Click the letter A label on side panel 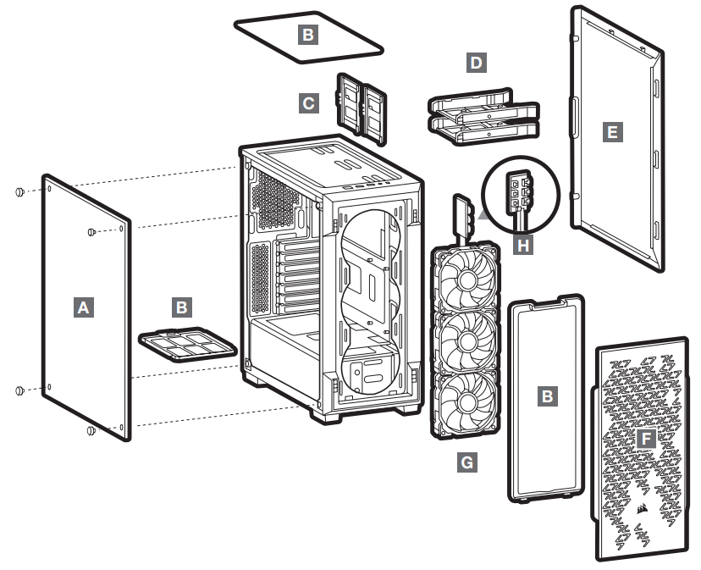coord(82,306)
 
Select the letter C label coord(309,103)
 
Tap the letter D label coord(477,63)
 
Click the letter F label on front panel coord(647,439)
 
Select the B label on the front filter coord(549,395)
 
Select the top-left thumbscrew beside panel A coord(19,191)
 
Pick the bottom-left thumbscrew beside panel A coord(19,390)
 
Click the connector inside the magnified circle coord(519,191)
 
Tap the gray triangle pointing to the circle coord(483,216)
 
